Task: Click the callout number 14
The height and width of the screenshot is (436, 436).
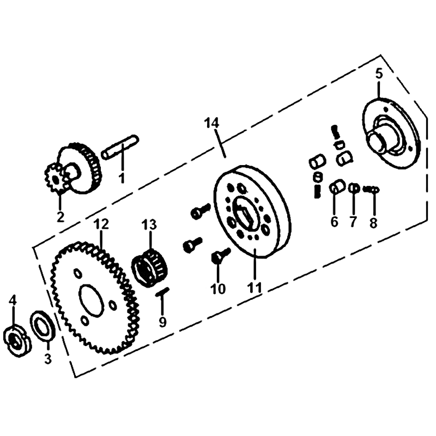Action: point(211,123)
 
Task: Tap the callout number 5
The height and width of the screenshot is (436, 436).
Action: point(379,74)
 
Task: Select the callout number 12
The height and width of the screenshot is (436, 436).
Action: point(101,225)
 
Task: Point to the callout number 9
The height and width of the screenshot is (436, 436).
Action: point(162,322)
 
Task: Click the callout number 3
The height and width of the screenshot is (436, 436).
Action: point(48,359)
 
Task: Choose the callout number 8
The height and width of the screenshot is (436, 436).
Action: point(373,222)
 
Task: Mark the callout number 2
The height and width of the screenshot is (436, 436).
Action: point(60,217)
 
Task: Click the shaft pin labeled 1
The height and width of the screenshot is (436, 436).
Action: point(120,147)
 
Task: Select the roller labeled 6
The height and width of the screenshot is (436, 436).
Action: point(337,187)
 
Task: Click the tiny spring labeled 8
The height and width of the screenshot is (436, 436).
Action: point(371,189)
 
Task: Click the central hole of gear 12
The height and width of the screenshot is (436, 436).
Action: point(90,300)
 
